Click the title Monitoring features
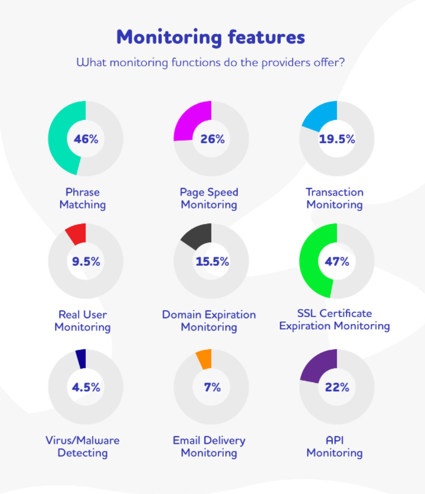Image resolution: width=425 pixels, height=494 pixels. (x=211, y=37)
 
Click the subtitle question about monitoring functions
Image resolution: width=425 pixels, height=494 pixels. (x=211, y=62)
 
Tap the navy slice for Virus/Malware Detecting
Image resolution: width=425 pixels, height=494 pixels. (x=81, y=359)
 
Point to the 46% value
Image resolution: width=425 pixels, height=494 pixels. (x=86, y=139)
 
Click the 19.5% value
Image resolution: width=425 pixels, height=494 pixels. (x=337, y=139)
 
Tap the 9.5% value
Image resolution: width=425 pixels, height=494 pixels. (x=86, y=261)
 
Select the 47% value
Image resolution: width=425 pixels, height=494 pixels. (x=337, y=261)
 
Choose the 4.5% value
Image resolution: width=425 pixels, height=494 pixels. (x=86, y=388)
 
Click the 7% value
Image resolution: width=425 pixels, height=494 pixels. (x=212, y=388)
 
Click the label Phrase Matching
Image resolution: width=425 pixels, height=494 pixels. (x=83, y=199)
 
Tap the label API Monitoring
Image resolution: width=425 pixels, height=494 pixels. (x=335, y=447)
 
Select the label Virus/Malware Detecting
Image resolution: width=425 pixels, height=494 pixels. (x=83, y=447)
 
